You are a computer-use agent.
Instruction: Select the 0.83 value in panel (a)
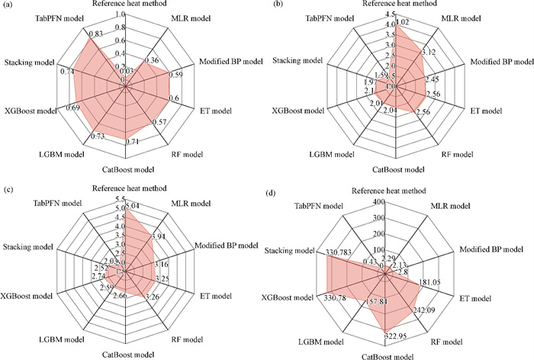coord(96,34)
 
